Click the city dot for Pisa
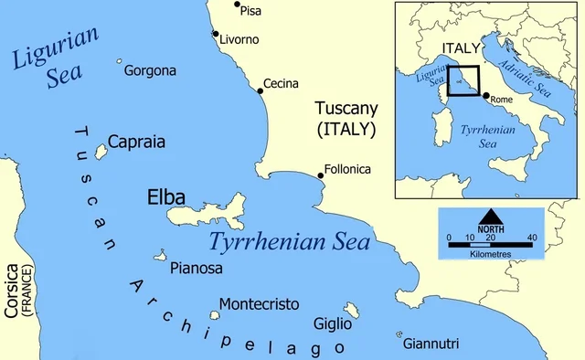[238, 5]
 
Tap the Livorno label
[239, 39]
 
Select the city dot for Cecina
[259, 80]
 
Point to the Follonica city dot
[320, 175]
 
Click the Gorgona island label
[151, 70]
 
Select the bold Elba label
[165, 197]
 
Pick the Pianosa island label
[197, 268]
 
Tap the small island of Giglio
[351, 310]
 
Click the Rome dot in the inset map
[485, 95]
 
